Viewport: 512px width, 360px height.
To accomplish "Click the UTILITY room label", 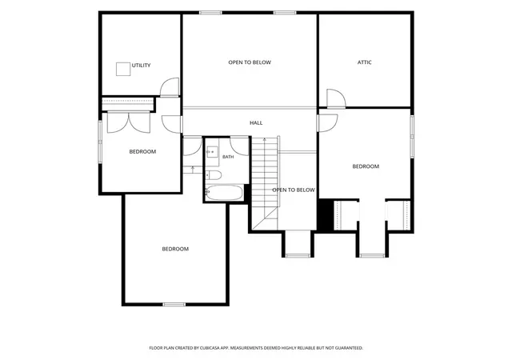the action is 141,66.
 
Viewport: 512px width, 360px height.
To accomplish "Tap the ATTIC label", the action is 365,62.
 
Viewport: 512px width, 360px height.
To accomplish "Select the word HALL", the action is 256,123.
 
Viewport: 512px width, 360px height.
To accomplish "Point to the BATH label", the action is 228,157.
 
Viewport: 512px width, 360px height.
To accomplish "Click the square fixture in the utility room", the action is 123,69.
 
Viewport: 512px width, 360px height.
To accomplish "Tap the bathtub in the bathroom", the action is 224,193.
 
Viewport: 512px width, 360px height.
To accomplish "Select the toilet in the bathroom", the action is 214,175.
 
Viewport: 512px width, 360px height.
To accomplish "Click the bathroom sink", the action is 212,152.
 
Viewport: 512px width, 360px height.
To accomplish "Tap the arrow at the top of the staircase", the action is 265,141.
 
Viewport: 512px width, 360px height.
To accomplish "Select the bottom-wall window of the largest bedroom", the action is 174,305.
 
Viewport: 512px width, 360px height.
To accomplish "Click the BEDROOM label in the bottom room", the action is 175,249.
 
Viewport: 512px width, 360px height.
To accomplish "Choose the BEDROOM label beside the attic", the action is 366,166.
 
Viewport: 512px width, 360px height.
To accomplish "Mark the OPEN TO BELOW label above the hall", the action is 250,62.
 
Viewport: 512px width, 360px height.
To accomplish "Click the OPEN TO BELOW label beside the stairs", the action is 294,190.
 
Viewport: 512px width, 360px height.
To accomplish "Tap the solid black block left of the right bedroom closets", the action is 326,214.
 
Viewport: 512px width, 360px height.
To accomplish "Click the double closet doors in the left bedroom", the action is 129,123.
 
